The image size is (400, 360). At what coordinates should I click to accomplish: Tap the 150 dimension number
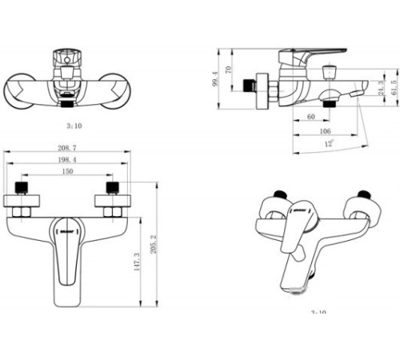[68, 172]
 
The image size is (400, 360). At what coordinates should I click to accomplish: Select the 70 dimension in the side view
[229, 70]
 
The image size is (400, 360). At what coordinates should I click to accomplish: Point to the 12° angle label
[328, 144]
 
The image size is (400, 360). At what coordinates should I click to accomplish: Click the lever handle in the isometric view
[295, 236]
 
